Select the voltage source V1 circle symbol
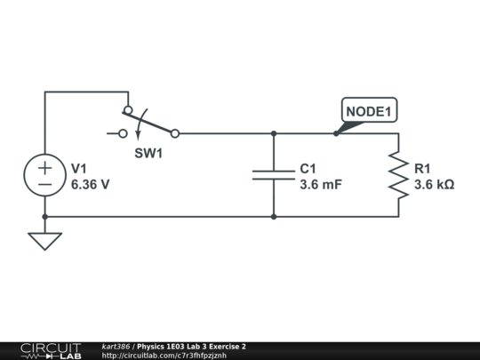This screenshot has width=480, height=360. pos(44,175)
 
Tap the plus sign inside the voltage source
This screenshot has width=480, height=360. pos(44,166)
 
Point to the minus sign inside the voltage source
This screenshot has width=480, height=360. pos(44,184)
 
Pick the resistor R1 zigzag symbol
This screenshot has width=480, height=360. pos(397,175)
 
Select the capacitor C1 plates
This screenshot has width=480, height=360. pos(274,175)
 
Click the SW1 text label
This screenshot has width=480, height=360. pos(149,153)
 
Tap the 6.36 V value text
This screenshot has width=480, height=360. pos(91,185)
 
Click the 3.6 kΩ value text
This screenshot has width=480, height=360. pos(435,185)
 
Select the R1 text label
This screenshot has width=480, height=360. pos(422,169)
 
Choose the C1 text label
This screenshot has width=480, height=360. pos(308,169)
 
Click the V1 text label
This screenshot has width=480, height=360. pos(79,169)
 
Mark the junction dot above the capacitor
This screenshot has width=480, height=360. pos(274,133)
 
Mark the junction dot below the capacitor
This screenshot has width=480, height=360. pos(274,216)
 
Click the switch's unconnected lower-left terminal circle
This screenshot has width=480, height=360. pos(124,133)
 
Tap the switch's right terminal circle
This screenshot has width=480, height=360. pos(175,133)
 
